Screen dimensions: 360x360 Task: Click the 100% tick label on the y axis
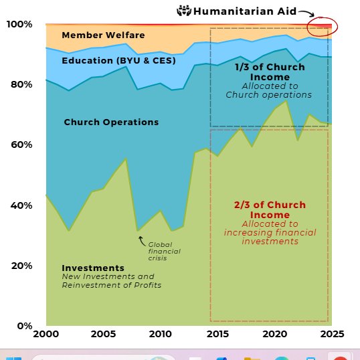(19, 25)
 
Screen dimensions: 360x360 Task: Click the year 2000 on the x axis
(46, 334)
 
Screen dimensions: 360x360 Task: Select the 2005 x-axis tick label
(102, 334)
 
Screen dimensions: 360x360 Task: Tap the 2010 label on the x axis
(159, 334)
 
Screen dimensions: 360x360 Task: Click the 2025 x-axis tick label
(328, 334)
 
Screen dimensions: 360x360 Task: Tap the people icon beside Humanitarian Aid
(183, 11)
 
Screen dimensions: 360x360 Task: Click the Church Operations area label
(111, 122)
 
